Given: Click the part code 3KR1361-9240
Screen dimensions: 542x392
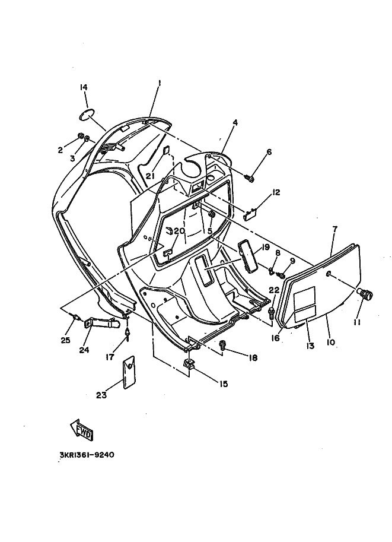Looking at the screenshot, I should (86, 455).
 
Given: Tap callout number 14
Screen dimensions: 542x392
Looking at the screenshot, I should (84, 88).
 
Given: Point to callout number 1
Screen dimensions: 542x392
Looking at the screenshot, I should (159, 84).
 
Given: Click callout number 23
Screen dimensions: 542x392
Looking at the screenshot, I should (101, 395).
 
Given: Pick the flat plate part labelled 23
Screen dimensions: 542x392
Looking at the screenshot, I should (128, 372).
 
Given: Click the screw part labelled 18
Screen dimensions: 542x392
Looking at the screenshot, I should (223, 344).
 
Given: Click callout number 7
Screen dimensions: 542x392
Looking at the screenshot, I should (334, 229).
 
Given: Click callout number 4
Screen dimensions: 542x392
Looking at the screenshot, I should (235, 123).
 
